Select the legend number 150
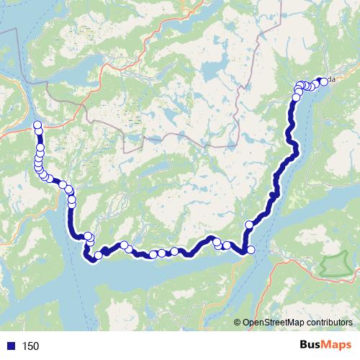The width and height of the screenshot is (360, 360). pyautogui.click(x=30, y=346)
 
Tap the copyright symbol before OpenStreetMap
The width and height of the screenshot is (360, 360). pyautogui.click(x=238, y=323)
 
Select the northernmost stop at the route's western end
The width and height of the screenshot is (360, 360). pyautogui.click(x=37, y=126)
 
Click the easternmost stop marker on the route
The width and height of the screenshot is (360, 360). pyautogui.click(x=323, y=81)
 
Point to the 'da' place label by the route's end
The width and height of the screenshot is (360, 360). pyautogui.click(x=331, y=78)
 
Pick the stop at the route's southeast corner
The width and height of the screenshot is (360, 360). pyautogui.click(x=251, y=250)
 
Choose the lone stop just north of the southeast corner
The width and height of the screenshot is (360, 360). pyautogui.click(x=249, y=224)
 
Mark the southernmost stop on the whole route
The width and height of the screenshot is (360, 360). pyautogui.click(x=91, y=259)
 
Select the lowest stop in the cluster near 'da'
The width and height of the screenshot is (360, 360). pyautogui.click(x=296, y=97)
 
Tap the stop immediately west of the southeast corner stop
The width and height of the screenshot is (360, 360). pyautogui.click(x=227, y=246)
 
